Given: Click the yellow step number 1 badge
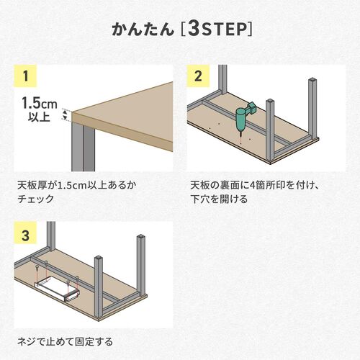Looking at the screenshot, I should [x=25, y=76].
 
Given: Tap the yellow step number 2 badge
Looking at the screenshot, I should [x=199, y=76].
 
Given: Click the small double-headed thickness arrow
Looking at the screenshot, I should [x=66, y=114].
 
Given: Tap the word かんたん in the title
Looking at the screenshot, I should [x=143, y=30].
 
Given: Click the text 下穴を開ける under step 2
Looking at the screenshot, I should [x=219, y=199].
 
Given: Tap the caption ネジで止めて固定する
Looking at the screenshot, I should [x=64, y=341].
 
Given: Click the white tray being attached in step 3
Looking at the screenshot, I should [x=54, y=288].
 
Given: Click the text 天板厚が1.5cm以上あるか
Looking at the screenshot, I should [x=76, y=185].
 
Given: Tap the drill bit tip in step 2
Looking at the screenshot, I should [x=236, y=132].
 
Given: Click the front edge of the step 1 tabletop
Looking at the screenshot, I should [x=122, y=127].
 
